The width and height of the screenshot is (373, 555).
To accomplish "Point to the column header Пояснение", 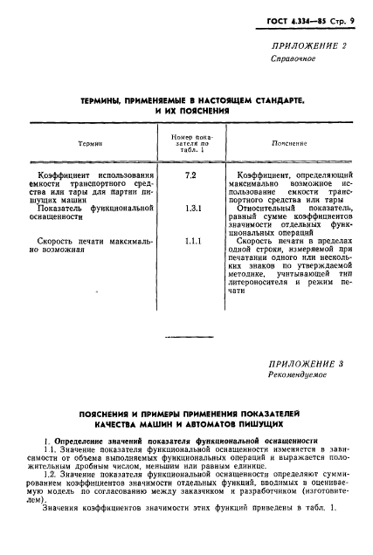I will pos(289,142).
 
